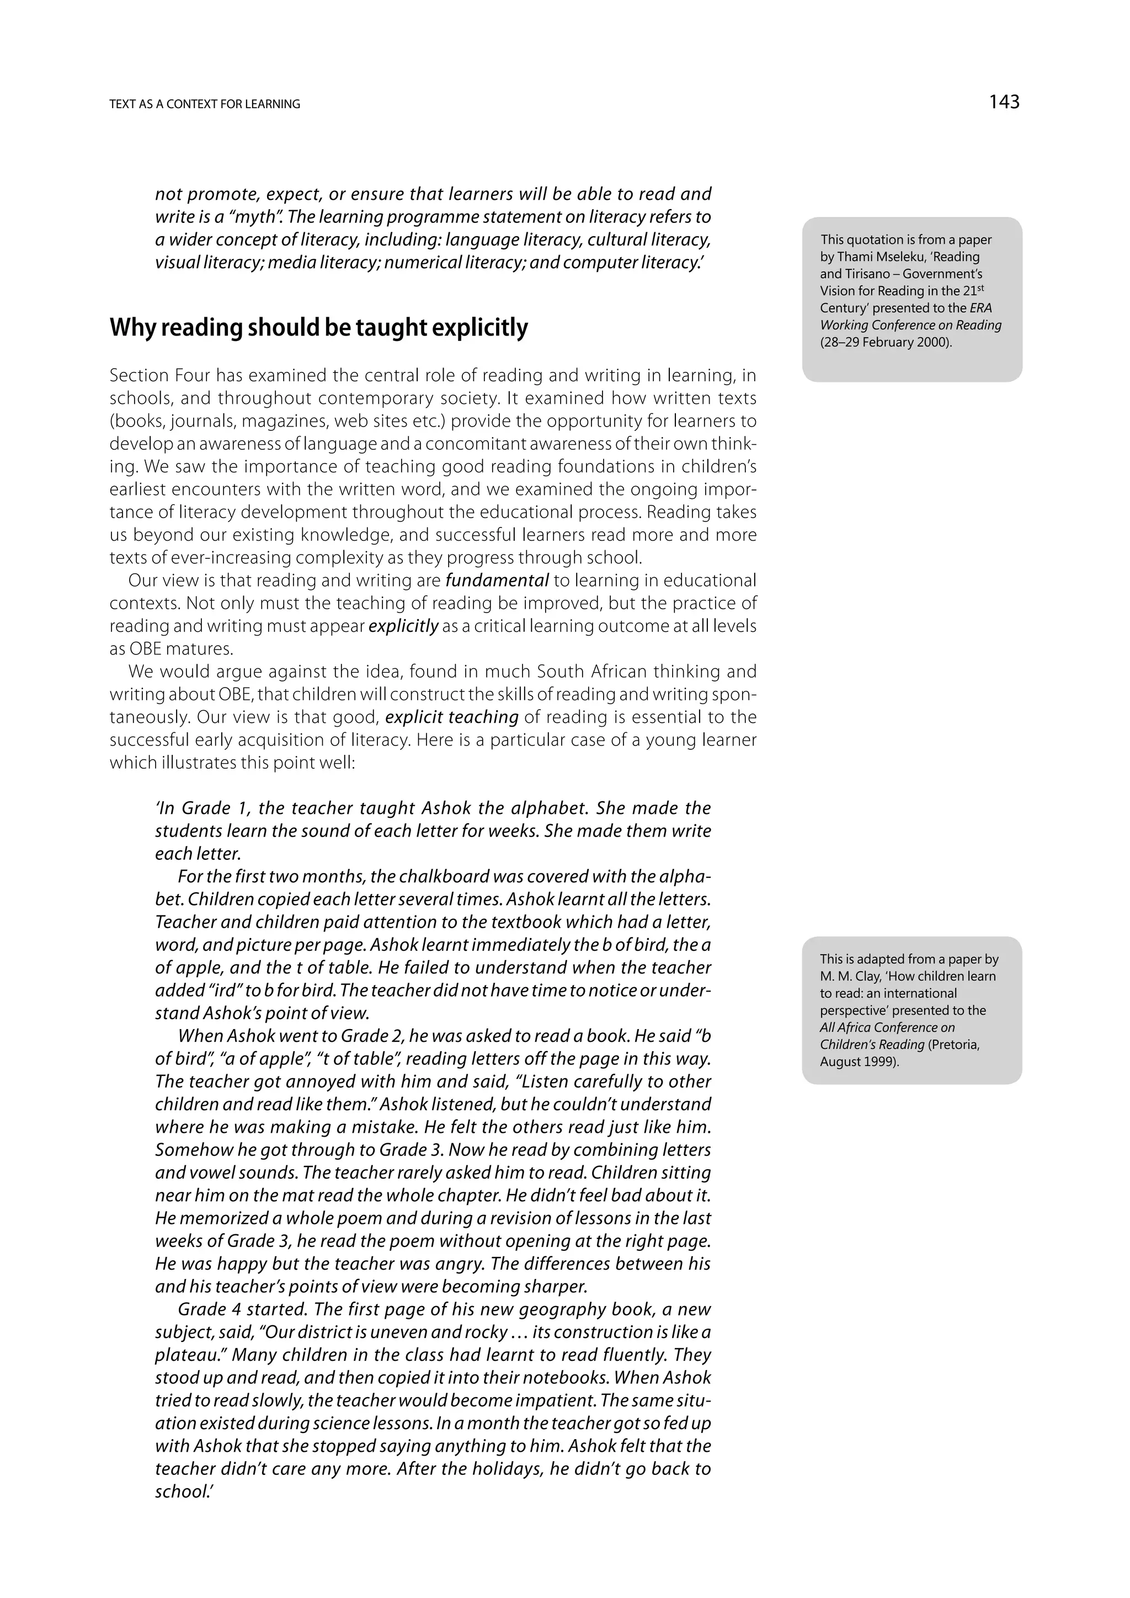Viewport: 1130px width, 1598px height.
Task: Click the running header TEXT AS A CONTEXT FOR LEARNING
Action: pos(205,104)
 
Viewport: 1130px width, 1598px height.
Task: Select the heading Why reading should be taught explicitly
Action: pos(319,327)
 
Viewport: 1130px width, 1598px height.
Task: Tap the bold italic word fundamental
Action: pos(497,580)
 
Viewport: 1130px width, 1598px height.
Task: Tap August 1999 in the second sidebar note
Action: pos(859,1062)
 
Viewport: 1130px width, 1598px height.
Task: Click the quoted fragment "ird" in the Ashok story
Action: pos(216,990)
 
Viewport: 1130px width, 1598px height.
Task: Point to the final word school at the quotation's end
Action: pos(179,1492)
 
